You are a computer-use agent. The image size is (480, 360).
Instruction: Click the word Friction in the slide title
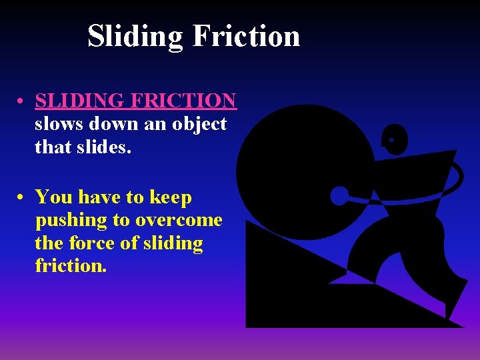coord(246,35)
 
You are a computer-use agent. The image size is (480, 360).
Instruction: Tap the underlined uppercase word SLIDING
coord(80,101)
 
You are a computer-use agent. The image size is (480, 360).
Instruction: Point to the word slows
coord(59,124)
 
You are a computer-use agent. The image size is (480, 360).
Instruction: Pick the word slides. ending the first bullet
coord(107,147)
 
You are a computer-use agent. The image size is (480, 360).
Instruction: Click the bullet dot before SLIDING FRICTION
coord(22,102)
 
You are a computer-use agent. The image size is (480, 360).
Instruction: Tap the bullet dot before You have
coord(22,198)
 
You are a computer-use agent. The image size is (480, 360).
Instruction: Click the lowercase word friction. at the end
coord(70,265)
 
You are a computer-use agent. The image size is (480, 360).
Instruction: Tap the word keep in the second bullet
coord(170,198)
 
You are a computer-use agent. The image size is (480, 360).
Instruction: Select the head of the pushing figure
coord(395,139)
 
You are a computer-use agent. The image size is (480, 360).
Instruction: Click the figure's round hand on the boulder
coord(339,196)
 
